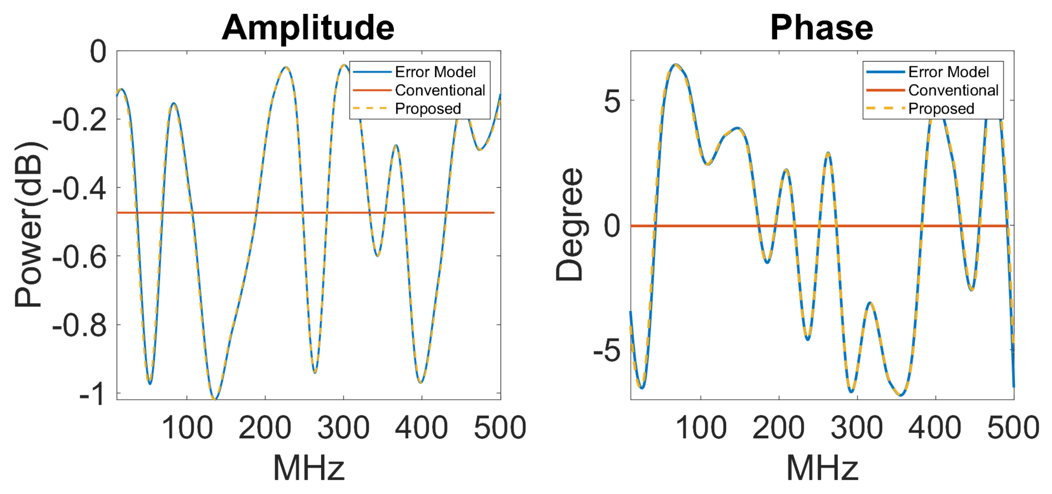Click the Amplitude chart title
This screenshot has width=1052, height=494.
[308, 28]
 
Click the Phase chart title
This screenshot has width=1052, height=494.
[822, 28]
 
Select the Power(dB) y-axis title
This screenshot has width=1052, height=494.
[29, 225]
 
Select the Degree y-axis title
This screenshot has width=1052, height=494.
[569, 225]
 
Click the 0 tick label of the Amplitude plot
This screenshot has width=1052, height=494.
[98, 52]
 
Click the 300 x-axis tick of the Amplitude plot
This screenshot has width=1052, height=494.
[343, 428]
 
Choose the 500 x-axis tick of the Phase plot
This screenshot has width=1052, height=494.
[1013, 428]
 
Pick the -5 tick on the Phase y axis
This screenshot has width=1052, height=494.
[607, 351]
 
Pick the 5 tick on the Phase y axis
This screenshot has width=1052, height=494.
[612, 101]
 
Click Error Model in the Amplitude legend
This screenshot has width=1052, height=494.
[435, 72]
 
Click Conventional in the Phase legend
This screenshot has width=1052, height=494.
[953, 90]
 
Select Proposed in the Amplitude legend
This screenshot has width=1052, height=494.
[427, 109]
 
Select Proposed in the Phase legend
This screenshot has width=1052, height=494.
[941, 109]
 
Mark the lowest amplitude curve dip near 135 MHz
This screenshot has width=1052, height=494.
[215, 398]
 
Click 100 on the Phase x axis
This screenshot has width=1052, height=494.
[701, 428]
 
